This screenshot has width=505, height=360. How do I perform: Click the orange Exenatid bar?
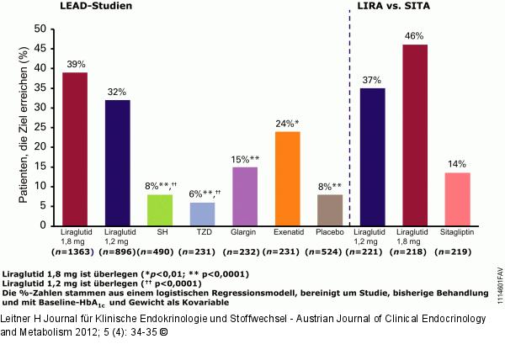287,178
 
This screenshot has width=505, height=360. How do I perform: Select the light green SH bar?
159,210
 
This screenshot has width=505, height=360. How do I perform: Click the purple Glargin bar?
244,196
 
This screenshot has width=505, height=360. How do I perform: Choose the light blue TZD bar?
202,214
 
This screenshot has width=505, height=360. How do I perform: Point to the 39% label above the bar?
77,65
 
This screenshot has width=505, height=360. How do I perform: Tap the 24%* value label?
288,124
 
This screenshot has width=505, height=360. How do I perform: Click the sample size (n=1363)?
76,251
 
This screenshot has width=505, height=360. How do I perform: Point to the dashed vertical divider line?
348,126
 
